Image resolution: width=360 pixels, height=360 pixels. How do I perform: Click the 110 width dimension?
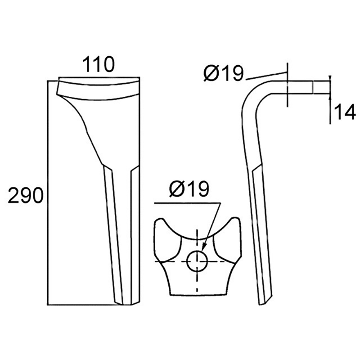click(98, 64)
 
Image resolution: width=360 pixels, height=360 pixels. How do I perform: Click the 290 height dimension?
click(26, 195)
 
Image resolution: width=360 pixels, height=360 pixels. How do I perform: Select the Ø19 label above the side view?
click(223, 73)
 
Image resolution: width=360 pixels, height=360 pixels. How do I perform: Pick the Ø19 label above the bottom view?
click(189, 189)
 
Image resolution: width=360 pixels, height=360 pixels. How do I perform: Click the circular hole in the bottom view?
click(197, 261)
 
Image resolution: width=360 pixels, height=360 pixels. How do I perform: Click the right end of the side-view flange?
click(329, 87)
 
